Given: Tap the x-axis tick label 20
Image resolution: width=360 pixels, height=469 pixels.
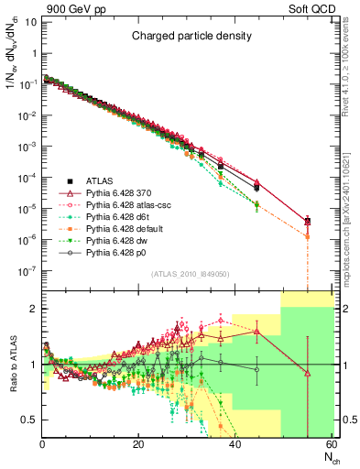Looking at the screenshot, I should pyautogui.click(x=138, y=445).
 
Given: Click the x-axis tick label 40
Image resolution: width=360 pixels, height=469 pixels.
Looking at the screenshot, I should pyautogui.click(x=235, y=445).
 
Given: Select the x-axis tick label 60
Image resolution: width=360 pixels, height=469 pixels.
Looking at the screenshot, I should pyautogui.click(x=331, y=445).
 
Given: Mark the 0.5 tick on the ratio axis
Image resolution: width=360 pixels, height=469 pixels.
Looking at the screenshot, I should pyautogui.click(x=31, y=420).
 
